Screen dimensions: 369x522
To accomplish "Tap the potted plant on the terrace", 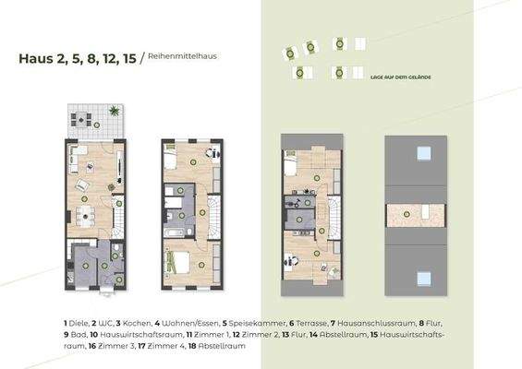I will point(114,112).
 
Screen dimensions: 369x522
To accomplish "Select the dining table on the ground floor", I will point(86,216).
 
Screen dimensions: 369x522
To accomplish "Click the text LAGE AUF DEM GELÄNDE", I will point(399,78).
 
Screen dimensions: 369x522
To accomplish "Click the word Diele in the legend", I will point(73,322).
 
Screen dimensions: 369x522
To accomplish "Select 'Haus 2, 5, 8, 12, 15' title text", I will point(78,58).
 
